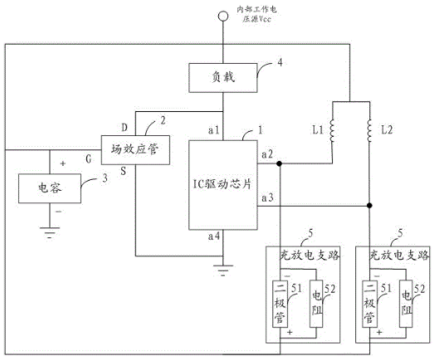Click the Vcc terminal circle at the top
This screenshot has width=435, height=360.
[x=222, y=16]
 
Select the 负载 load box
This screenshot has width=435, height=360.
[x=223, y=78]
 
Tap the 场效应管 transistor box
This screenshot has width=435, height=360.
[x=135, y=150]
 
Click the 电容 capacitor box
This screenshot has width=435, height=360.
[x=50, y=188]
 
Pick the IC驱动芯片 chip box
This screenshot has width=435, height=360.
[x=223, y=185]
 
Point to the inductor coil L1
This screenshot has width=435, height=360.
[x=332, y=131]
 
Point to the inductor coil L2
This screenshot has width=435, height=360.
[x=369, y=131]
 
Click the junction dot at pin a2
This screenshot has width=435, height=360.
[x=280, y=163]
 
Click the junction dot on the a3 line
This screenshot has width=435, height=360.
[x=369, y=206]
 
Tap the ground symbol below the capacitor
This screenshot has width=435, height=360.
[x=50, y=232]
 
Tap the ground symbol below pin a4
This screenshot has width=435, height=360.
[x=223, y=270]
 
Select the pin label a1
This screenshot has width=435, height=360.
[x=214, y=130]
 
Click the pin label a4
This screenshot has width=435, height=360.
[x=214, y=236]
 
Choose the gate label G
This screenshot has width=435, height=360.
[x=89, y=159]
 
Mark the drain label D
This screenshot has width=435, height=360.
[x=125, y=128]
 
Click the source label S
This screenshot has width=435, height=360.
[x=124, y=171]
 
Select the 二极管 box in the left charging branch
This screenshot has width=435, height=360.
[x=280, y=304]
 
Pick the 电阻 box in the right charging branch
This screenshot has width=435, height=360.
[x=406, y=304]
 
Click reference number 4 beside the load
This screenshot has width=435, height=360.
[x=280, y=63]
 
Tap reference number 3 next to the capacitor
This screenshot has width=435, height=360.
[x=105, y=178]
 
